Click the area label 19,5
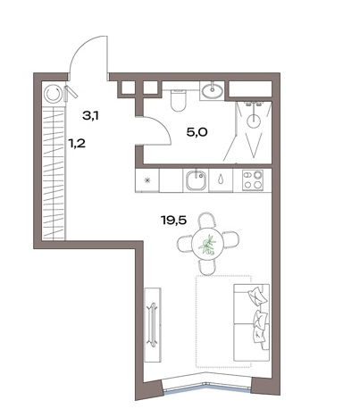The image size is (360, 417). (173, 221)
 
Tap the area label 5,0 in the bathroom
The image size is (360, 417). (197, 132)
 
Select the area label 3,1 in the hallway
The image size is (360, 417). (90, 115)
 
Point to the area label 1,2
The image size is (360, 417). (77, 144)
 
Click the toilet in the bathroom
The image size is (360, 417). (179, 100)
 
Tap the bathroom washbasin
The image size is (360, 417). (212, 90)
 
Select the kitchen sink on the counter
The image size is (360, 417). (196, 181)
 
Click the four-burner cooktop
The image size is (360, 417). (253, 179)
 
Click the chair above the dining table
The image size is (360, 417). (207, 219)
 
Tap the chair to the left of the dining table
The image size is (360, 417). (184, 244)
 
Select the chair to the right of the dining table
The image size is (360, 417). (231, 240)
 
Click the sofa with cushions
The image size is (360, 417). (252, 322)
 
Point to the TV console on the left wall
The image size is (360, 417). (153, 325)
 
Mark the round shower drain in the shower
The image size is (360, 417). (254, 121)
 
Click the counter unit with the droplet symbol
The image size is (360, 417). (221, 179)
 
